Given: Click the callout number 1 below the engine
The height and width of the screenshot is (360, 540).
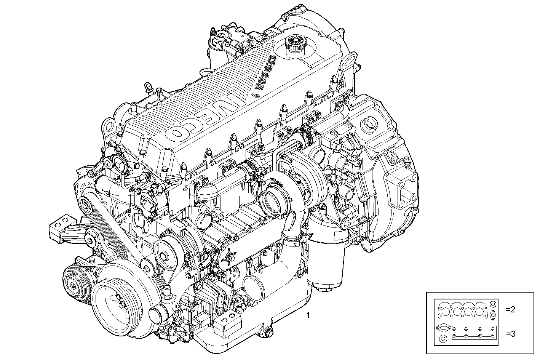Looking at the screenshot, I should (308, 315).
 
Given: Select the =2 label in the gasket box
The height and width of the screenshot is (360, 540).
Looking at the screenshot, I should (510, 309).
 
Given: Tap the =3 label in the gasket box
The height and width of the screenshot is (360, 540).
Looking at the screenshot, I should (510, 334).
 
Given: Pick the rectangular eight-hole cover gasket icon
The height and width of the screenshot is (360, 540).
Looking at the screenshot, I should (474, 332).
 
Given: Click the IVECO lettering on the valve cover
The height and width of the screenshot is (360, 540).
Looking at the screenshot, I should (202, 114).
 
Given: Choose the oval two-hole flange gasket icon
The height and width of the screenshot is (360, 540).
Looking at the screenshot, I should (443, 327).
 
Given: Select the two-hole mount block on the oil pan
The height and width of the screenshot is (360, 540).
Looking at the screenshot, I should (225, 327).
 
